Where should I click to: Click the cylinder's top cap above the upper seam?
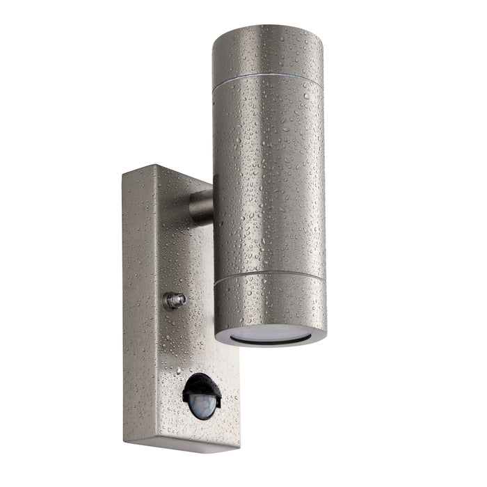[267, 56]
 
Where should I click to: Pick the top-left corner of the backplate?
[122, 175]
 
